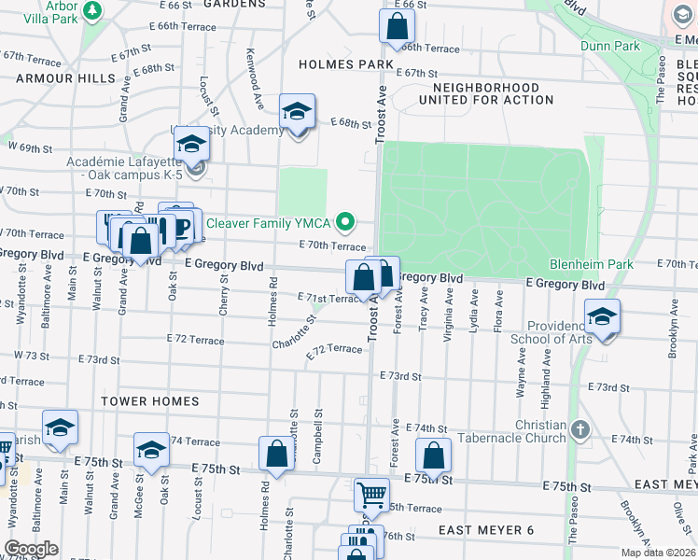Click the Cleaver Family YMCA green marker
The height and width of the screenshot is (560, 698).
346,222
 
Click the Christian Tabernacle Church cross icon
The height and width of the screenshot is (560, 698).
580,430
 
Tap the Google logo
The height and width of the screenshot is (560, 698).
31,549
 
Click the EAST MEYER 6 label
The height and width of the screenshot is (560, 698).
485,530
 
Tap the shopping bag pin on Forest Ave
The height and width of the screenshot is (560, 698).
434,456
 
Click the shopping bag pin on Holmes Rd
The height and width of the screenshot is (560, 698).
277,455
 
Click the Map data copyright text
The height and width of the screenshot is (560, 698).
658,553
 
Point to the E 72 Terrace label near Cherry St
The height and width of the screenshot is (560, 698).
195,341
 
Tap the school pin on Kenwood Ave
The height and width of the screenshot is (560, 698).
298,113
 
